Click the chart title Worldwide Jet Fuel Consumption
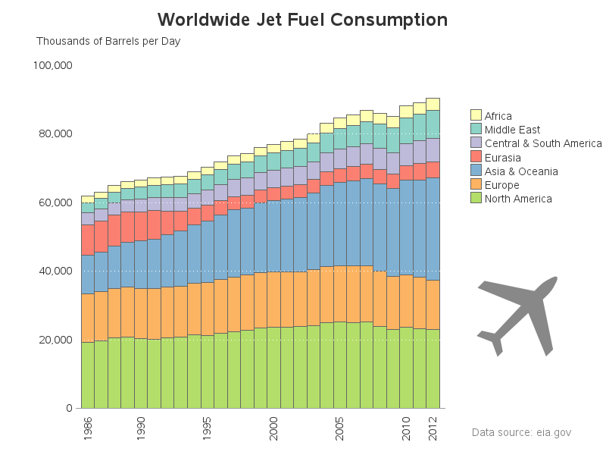pos(302,20)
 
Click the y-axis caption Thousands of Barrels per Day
pos(108,41)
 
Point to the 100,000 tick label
pos(52,65)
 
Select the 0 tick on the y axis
pos(68,408)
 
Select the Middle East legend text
pos(512,130)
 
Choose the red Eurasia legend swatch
pos(476,157)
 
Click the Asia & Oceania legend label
pos(521,171)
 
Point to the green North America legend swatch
pos(476,199)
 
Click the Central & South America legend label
pos(542,143)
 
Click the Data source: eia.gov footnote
pos(521,432)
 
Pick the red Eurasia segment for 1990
pos(141,226)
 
